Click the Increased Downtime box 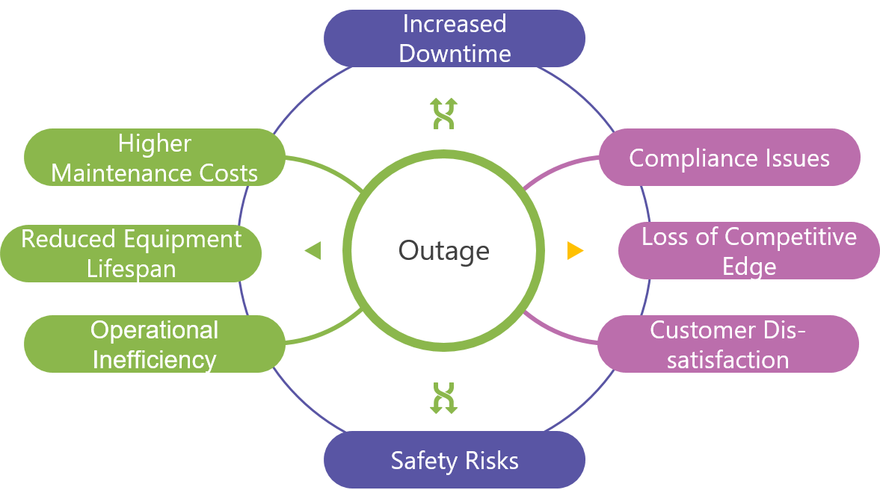(x=454, y=38)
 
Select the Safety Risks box (x=454, y=460)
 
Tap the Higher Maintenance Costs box (x=154, y=158)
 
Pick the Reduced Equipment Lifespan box (x=131, y=253)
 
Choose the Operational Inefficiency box (x=154, y=344)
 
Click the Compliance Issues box (x=729, y=158)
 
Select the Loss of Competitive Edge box (x=748, y=251)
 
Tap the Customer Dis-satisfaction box (x=727, y=344)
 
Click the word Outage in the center (x=443, y=250)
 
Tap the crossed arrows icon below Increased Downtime (x=444, y=114)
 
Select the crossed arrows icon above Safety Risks (x=444, y=397)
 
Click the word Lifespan (x=131, y=268)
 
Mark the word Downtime (x=455, y=54)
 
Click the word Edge (x=748, y=267)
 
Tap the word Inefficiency (x=154, y=359)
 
